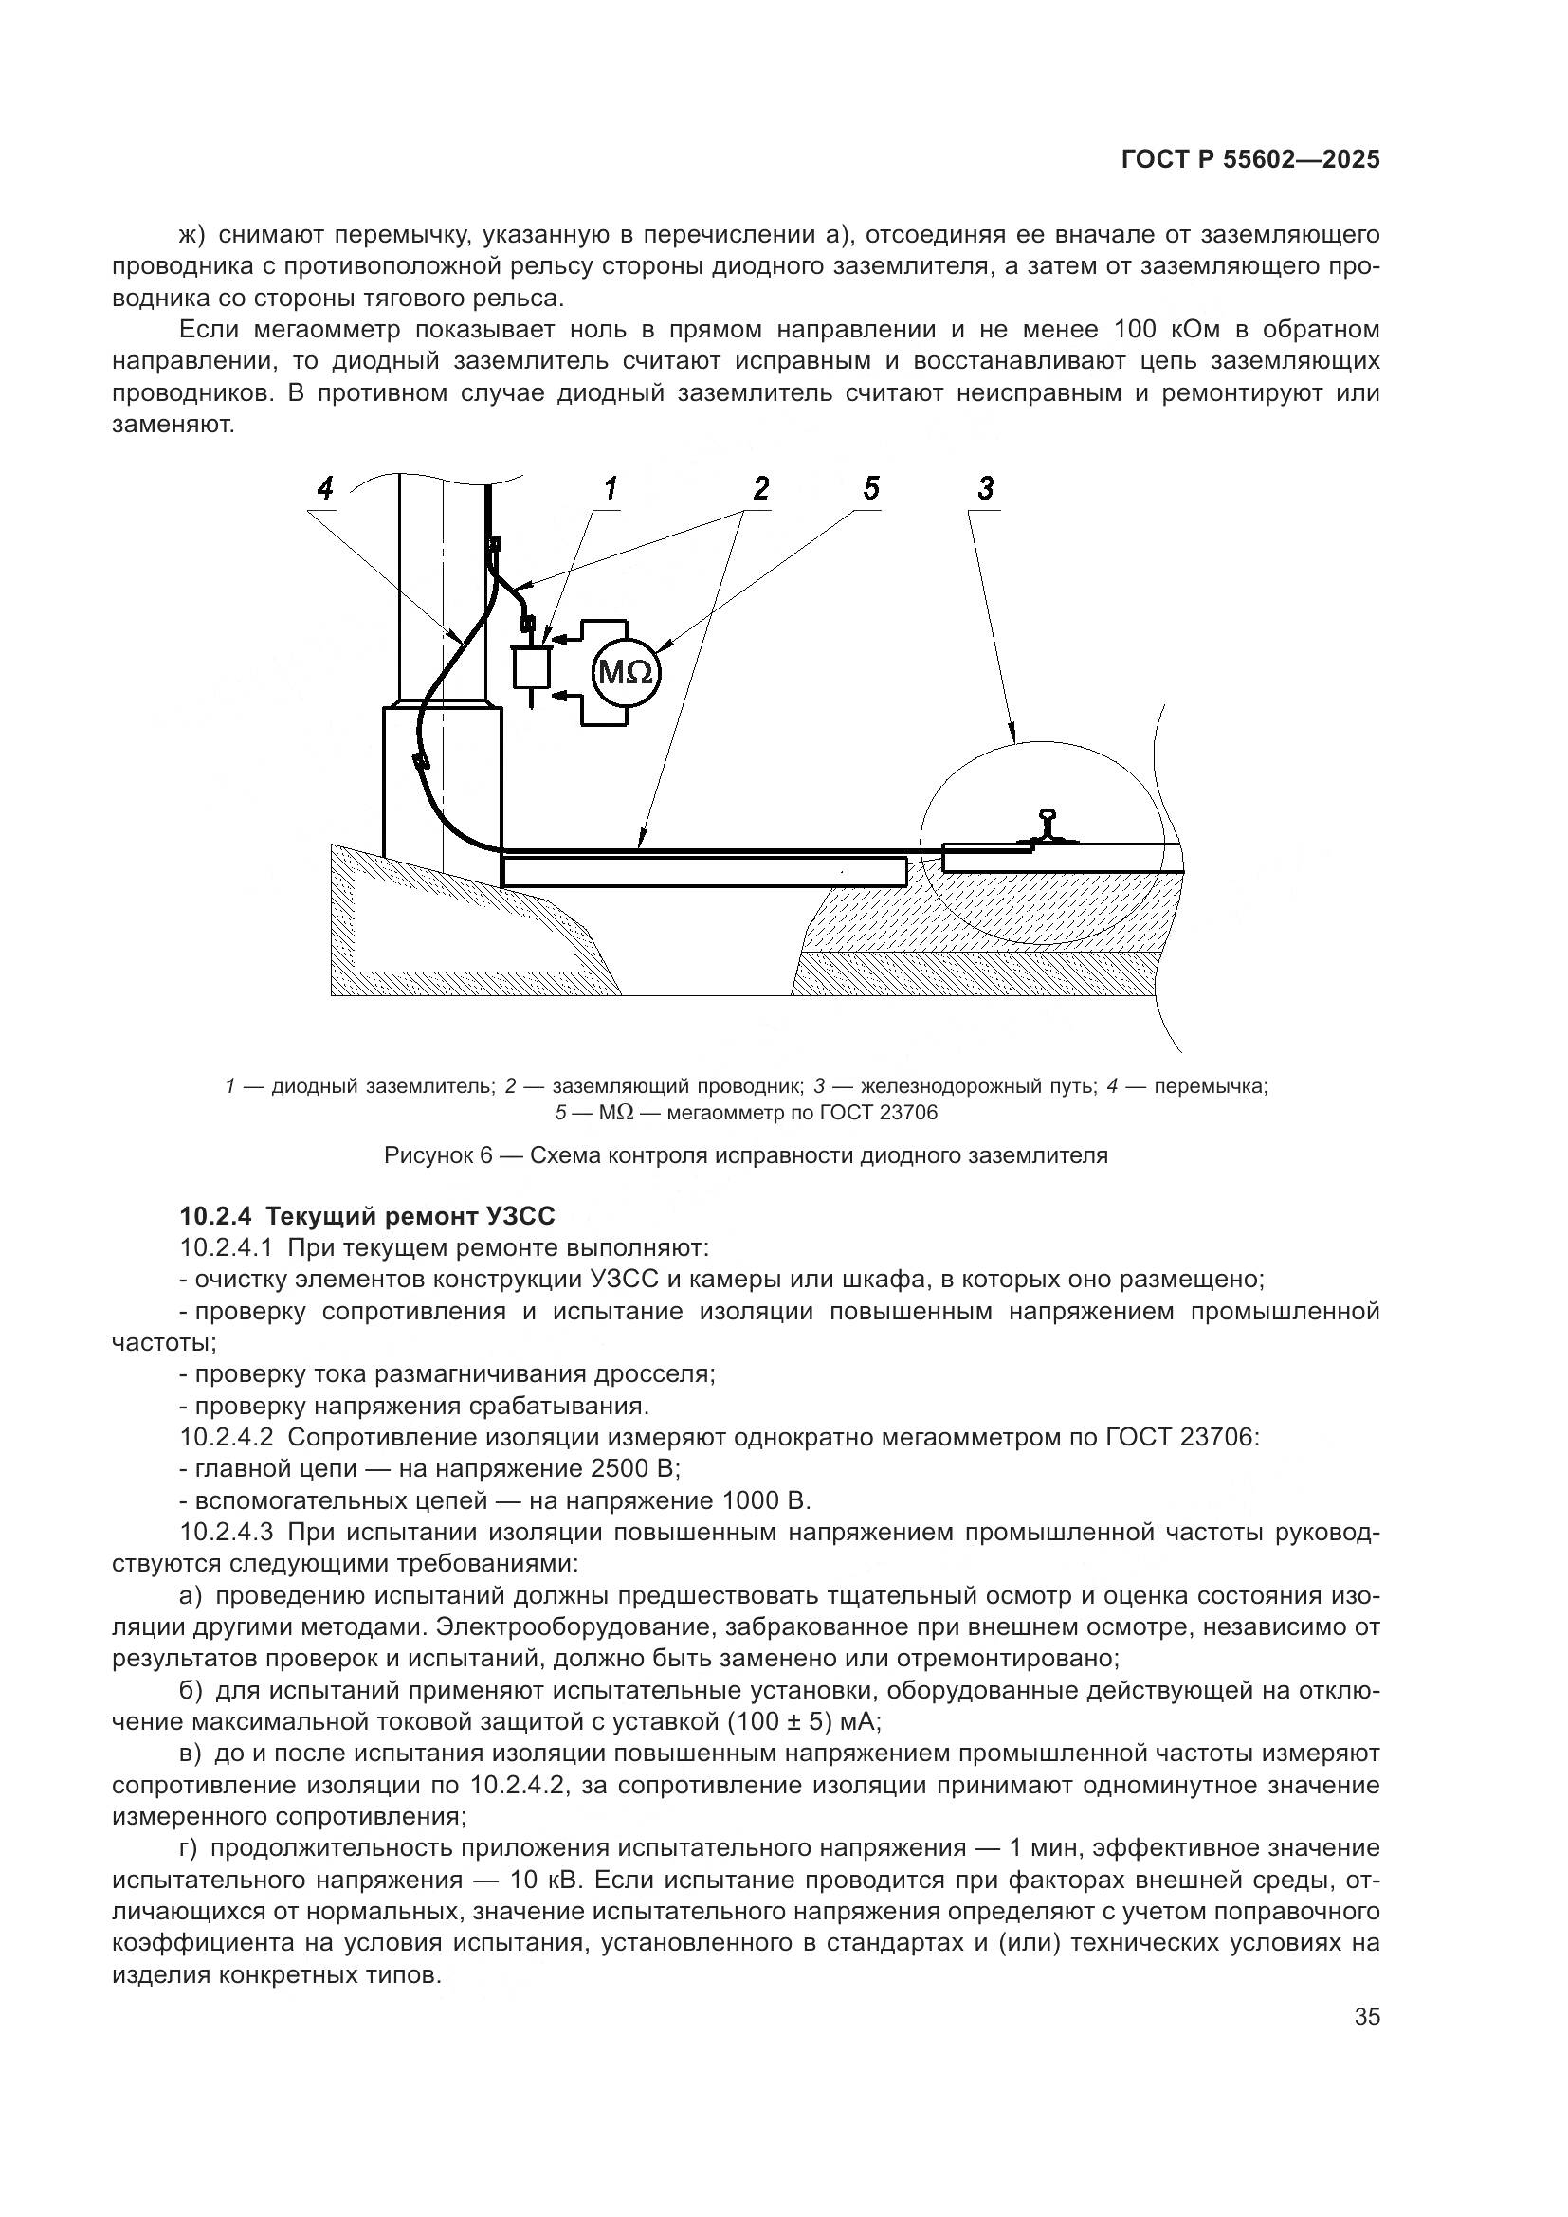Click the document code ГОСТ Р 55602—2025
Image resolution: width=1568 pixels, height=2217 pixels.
pyautogui.click(x=1250, y=160)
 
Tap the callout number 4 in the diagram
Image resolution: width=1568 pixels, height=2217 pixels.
pyautogui.click(x=324, y=489)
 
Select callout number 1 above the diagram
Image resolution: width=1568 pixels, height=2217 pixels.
pyautogui.click(x=611, y=489)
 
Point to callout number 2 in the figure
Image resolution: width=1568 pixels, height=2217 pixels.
pyautogui.click(x=761, y=489)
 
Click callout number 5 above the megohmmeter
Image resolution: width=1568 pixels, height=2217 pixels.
pyautogui.click(x=871, y=489)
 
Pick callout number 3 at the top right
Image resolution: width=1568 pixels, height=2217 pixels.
pyautogui.click(x=985, y=489)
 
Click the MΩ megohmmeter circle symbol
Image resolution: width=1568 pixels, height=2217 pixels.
pyautogui.click(x=626, y=671)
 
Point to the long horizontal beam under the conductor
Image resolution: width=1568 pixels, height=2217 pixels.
pyautogui.click(x=704, y=872)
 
